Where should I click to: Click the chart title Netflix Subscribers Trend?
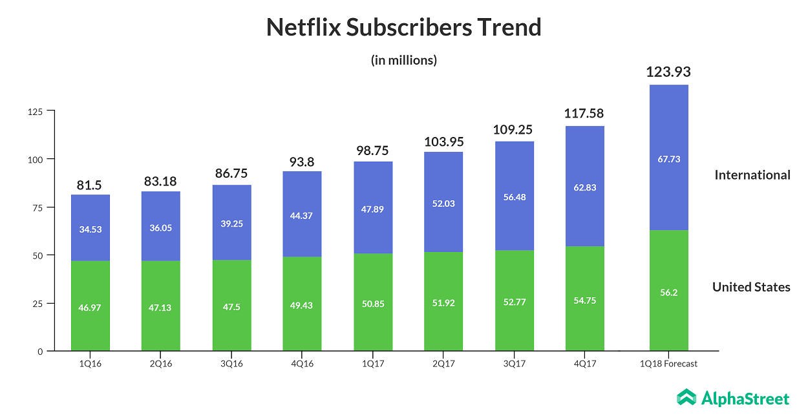point(403,28)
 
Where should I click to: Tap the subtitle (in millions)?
point(403,60)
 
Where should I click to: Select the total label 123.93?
point(668,72)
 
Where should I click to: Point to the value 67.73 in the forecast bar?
point(668,159)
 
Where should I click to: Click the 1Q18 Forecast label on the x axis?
point(668,364)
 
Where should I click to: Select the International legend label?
point(752,174)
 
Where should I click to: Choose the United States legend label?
point(751,287)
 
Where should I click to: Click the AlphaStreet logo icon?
point(686,397)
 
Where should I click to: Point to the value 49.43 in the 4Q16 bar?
point(302,305)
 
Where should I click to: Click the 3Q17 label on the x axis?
point(514,364)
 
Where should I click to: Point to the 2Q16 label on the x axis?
point(160,364)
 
